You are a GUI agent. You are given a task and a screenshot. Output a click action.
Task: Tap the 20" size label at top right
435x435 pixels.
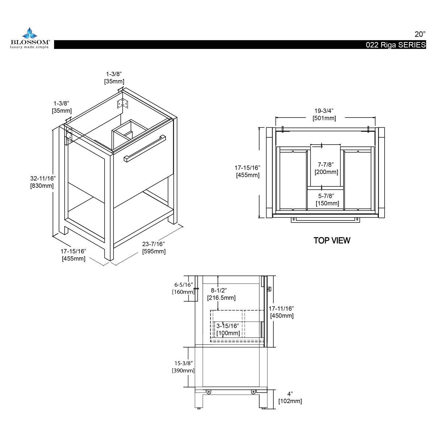[420, 34]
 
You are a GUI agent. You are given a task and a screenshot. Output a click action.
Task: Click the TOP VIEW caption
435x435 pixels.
[332, 240]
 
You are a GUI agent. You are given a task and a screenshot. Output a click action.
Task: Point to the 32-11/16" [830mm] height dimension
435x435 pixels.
[42, 182]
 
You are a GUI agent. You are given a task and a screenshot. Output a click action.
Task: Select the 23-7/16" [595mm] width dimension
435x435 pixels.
[154, 248]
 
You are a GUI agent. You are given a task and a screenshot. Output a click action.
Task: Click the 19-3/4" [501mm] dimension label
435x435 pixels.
[324, 115]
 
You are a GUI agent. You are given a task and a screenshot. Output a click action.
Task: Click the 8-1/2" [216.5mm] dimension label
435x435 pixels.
[221, 294]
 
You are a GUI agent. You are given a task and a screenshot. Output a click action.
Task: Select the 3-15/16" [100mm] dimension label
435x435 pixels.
[228, 330]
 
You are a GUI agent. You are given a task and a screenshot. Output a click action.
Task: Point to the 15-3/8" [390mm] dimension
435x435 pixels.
[183, 366]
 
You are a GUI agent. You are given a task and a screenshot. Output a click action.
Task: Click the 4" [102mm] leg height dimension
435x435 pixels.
[290, 397]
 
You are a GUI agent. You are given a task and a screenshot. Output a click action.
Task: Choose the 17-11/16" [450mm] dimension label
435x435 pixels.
[281, 312]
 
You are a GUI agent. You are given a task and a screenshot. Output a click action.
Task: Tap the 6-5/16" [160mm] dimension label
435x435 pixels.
[183, 288]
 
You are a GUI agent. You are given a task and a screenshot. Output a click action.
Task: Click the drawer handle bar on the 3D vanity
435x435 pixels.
[144, 149]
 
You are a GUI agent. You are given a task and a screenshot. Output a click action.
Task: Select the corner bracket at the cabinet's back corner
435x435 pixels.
[123, 103]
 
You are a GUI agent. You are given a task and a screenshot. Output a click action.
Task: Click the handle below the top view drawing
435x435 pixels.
[326, 220]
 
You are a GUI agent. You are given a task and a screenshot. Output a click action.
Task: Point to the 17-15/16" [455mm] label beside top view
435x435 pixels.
[248, 171]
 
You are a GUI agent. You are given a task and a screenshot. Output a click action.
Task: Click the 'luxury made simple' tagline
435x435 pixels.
[29, 47]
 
